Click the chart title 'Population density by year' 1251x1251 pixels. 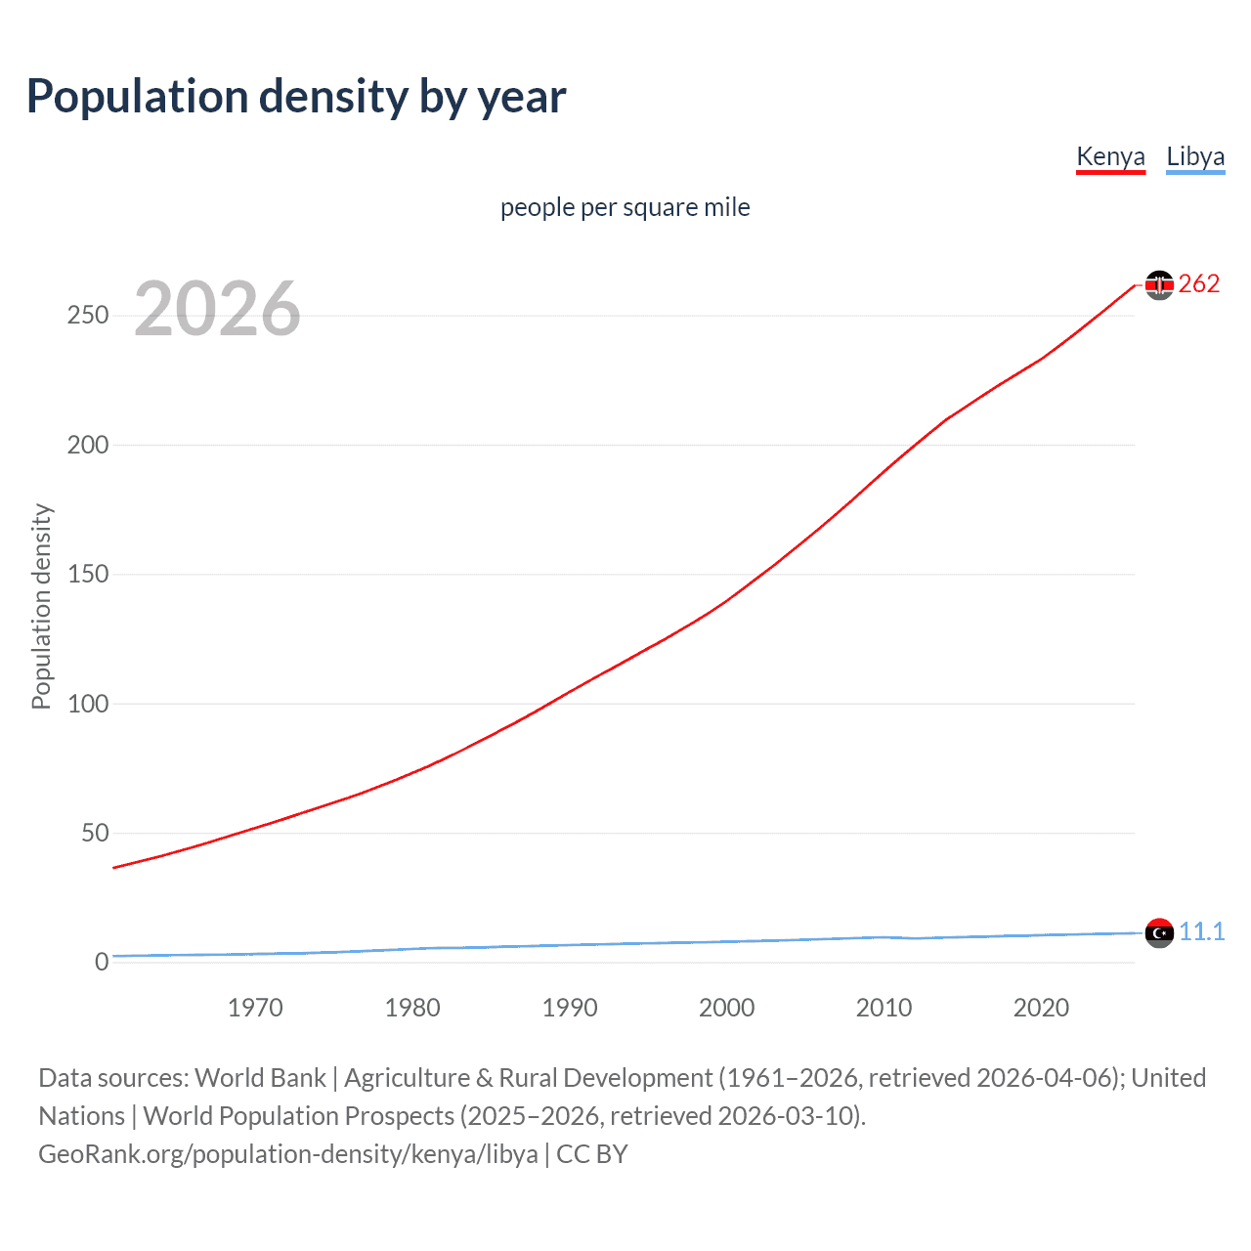click(x=296, y=97)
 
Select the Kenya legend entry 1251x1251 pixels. click(x=1110, y=156)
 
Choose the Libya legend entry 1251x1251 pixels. click(x=1195, y=156)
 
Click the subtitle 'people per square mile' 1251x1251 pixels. click(x=625, y=207)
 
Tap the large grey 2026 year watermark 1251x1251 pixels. click(x=217, y=309)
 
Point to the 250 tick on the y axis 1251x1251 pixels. click(x=88, y=316)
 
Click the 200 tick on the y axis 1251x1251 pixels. click(x=88, y=445)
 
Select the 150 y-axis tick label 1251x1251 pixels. click(x=88, y=574)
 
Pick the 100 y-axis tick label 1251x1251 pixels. click(x=88, y=704)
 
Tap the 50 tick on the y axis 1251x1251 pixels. click(x=95, y=833)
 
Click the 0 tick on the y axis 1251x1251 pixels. click(x=102, y=962)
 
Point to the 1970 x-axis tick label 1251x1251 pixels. click(x=255, y=1008)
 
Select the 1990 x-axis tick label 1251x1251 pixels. click(x=570, y=1008)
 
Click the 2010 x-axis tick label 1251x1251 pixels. click(x=884, y=1008)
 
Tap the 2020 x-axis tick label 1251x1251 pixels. click(x=1041, y=1008)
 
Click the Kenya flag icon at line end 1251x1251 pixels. click(x=1159, y=284)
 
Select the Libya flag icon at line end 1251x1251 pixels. click(x=1159, y=932)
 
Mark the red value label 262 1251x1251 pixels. click(x=1199, y=283)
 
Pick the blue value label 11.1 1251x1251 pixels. click(x=1201, y=931)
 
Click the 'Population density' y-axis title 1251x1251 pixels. click(x=41, y=606)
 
